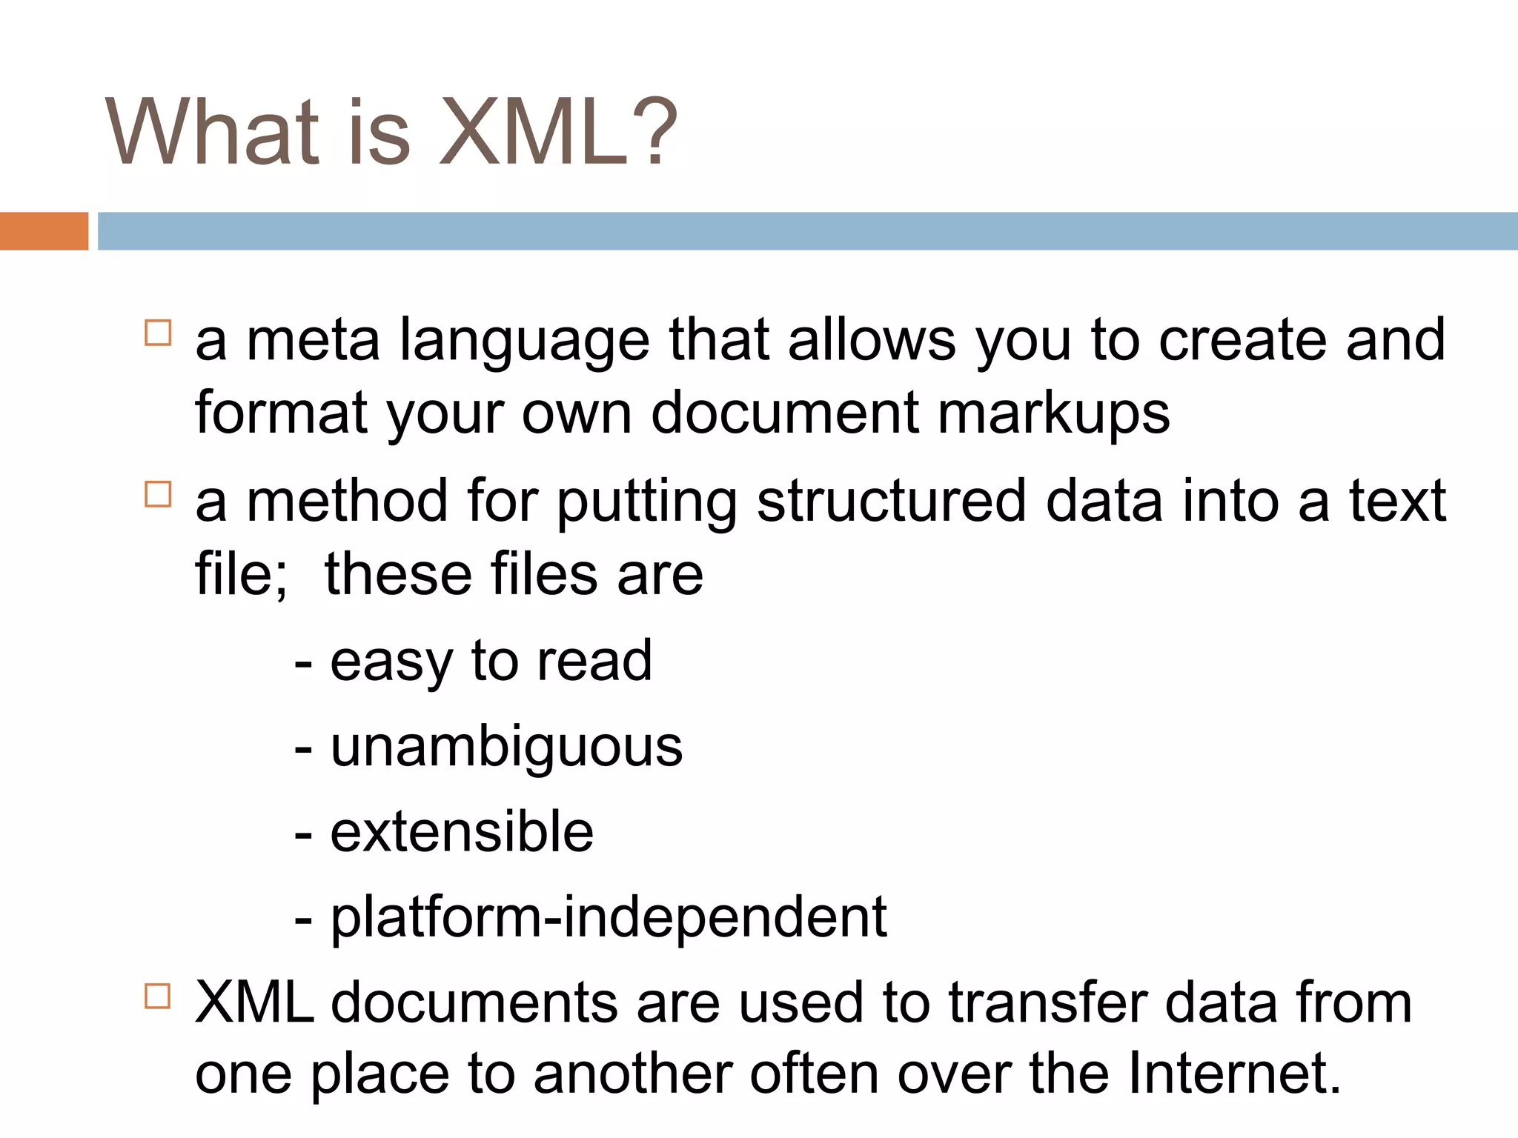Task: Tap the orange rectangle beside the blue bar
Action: coord(44,231)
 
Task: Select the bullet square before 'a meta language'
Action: coord(158,333)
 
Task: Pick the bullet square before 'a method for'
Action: coord(158,494)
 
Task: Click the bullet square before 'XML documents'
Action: coord(158,996)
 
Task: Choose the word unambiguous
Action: coord(506,748)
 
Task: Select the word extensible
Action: coord(462,833)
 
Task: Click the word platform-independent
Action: coord(608,919)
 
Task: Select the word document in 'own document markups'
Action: coord(785,413)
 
